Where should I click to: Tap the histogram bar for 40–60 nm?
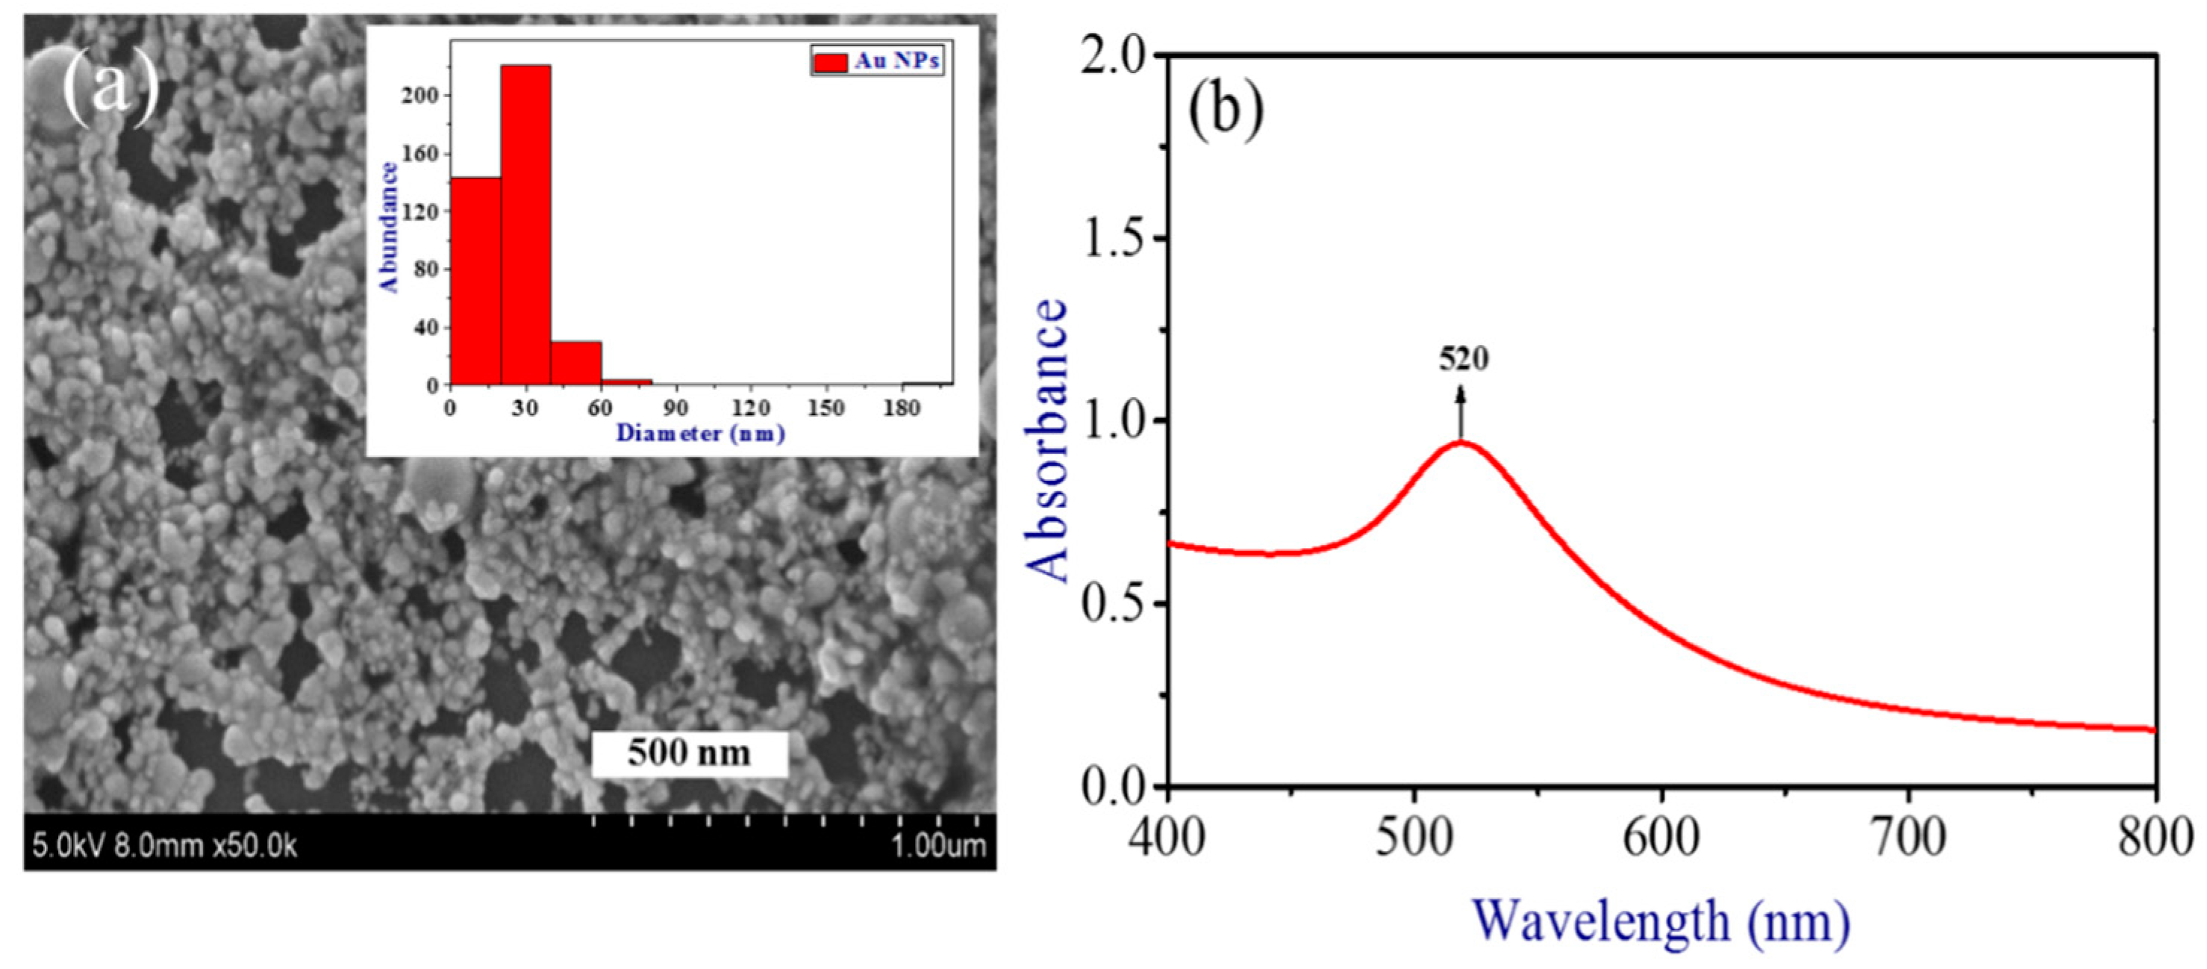click(x=575, y=364)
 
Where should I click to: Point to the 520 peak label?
click(x=1464, y=359)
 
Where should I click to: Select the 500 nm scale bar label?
click(x=689, y=753)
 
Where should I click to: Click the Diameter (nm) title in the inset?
click(x=700, y=434)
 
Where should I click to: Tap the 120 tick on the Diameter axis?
click(x=752, y=408)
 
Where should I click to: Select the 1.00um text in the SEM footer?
click(x=938, y=847)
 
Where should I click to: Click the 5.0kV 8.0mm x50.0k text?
click(x=164, y=847)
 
